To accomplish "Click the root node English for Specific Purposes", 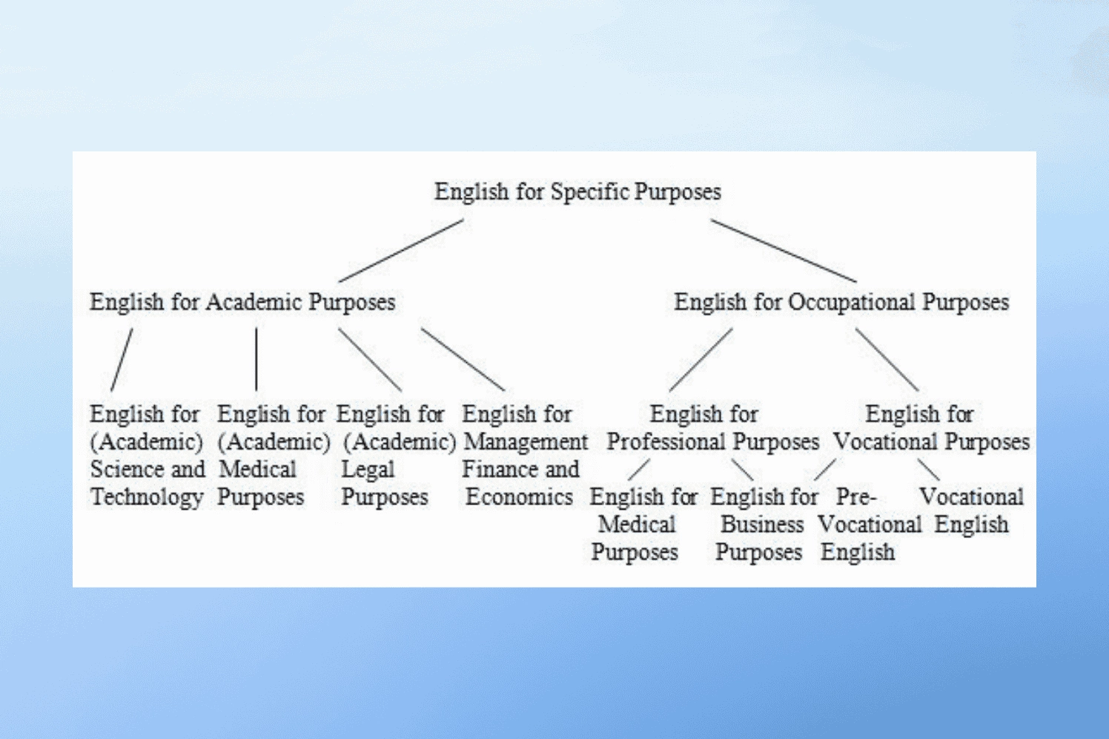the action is click(x=577, y=192).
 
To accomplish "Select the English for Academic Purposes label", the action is click(x=242, y=302).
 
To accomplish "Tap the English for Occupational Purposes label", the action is click(x=841, y=302).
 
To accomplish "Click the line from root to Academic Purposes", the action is click(x=401, y=251).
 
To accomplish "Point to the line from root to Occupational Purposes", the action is click(x=784, y=251).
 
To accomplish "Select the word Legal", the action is click(x=368, y=470).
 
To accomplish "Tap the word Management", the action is click(x=526, y=442).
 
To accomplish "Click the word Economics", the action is click(x=520, y=497).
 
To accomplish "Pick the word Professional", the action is click(x=666, y=441).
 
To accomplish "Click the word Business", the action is click(x=762, y=525).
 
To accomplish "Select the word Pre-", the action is click(x=856, y=496).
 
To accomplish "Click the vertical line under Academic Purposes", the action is click(x=256, y=359).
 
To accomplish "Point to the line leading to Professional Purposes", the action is click(x=701, y=360).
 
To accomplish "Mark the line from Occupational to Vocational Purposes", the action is click(x=887, y=360).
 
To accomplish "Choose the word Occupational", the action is click(x=851, y=302).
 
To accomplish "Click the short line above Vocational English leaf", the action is click(x=928, y=470).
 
